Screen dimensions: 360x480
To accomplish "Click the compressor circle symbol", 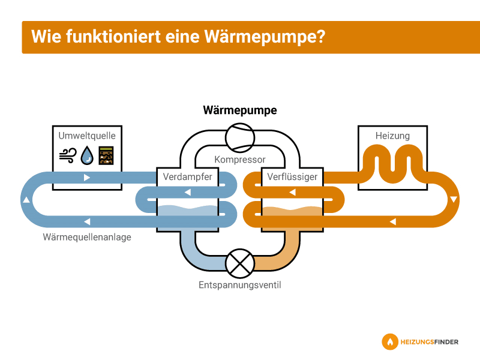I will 240,137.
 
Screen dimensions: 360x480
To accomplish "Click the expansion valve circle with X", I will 240,263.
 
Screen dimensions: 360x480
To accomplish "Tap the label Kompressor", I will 240,160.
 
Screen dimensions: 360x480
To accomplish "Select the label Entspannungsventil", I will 240,285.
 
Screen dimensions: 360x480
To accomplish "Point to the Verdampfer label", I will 187,177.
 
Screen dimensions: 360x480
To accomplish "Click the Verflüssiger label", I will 292,177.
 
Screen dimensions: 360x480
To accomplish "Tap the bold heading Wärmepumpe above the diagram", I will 240,110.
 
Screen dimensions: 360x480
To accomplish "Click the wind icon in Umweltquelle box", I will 67,155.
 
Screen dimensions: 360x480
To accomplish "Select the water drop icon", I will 88,155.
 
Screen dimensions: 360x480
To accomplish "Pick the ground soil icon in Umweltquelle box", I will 106,155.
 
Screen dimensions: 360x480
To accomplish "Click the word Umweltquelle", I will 87,136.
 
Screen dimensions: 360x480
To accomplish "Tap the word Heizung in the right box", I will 392,136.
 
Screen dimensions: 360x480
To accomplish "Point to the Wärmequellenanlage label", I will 87,237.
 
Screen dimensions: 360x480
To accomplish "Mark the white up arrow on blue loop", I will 26,200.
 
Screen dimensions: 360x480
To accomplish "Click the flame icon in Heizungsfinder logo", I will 390,342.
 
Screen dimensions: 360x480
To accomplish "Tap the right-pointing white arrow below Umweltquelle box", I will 88,178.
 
